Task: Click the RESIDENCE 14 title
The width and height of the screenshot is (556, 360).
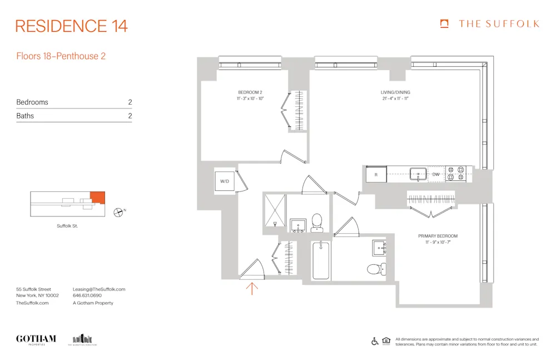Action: [72, 26]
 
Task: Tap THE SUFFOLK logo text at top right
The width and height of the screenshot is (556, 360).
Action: [498, 24]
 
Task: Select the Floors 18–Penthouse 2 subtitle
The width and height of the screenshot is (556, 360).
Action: [61, 56]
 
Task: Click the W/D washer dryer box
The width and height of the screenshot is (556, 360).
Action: [225, 181]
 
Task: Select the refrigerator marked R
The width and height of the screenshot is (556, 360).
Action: [376, 174]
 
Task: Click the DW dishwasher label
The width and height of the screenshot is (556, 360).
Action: [436, 174]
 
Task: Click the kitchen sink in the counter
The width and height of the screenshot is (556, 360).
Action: [418, 174]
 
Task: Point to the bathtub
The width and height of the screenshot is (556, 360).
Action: [321, 260]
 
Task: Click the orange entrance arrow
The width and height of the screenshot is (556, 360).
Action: [252, 288]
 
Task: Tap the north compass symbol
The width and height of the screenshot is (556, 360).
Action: [118, 211]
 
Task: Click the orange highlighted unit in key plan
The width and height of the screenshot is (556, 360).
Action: [97, 196]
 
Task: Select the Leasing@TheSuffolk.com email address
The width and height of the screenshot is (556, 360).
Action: [99, 289]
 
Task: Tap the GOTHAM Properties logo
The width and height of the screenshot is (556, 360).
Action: [36, 339]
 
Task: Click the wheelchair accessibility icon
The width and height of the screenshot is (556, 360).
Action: [375, 342]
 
